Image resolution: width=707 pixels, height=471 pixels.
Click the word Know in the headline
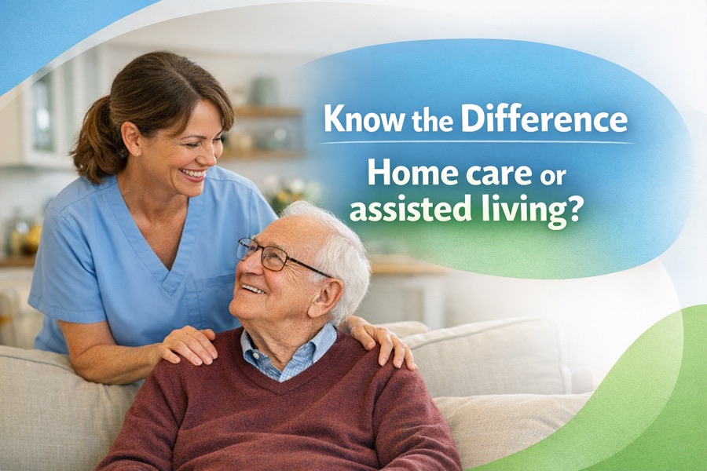(x=357, y=119)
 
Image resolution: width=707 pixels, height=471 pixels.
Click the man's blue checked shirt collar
(x=288, y=353)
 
